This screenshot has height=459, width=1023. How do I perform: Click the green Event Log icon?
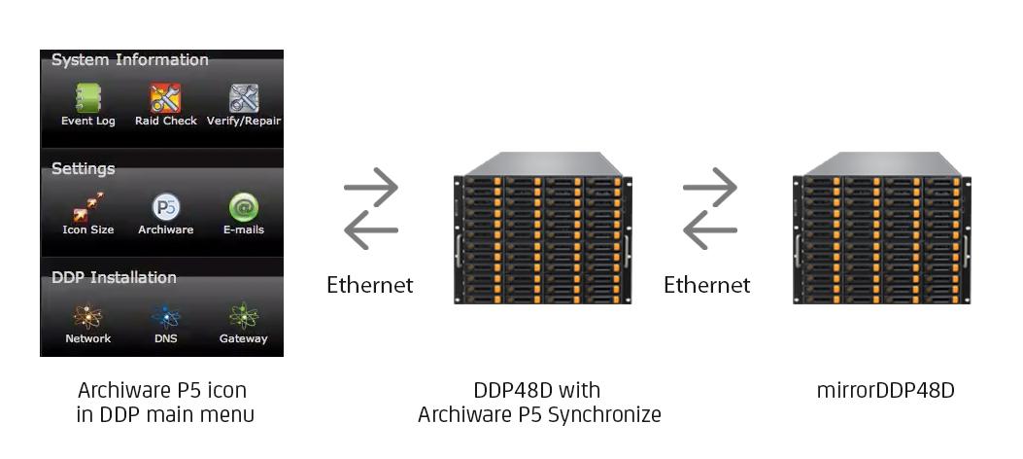(x=88, y=98)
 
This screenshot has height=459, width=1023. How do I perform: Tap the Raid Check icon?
(x=166, y=98)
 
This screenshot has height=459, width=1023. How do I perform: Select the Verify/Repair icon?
(x=243, y=98)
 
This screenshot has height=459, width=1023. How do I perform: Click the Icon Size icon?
(x=88, y=207)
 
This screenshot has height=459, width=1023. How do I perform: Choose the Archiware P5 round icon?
(x=166, y=208)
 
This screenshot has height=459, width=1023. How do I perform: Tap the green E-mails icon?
(x=243, y=208)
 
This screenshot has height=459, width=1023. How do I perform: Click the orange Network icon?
(x=88, y=317)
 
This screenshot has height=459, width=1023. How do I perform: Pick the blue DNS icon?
(x=166, y=317)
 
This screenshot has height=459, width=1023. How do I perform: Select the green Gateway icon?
(x=243, y=317)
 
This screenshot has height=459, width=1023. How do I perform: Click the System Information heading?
(x=130, y=60)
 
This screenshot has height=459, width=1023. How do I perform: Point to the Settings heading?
(x=83, y=169)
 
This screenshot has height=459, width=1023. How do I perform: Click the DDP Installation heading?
(x=114, y=277)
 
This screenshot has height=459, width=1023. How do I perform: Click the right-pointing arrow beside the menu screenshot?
(x=370, y=188)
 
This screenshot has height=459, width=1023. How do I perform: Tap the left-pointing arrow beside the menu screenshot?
(x=370, y=229)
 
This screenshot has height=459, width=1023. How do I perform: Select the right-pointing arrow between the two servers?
(x=710, y=188)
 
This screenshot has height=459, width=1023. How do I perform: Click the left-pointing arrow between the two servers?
(x=710, y=229)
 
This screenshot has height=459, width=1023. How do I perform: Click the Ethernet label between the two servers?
(x=706, y=285)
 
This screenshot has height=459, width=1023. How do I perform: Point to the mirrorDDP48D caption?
(x=885, y=391)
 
